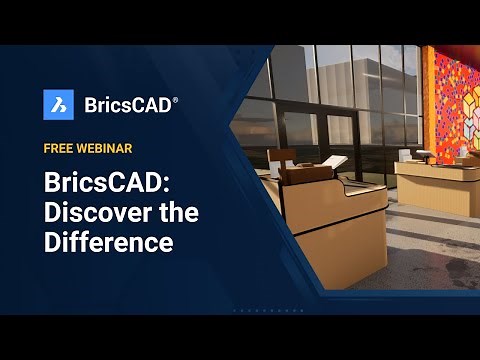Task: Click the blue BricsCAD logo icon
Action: point(59,104)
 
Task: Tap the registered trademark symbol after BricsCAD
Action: point(175,99)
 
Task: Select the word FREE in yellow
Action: point(61,148)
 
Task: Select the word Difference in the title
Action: point(108,241)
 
